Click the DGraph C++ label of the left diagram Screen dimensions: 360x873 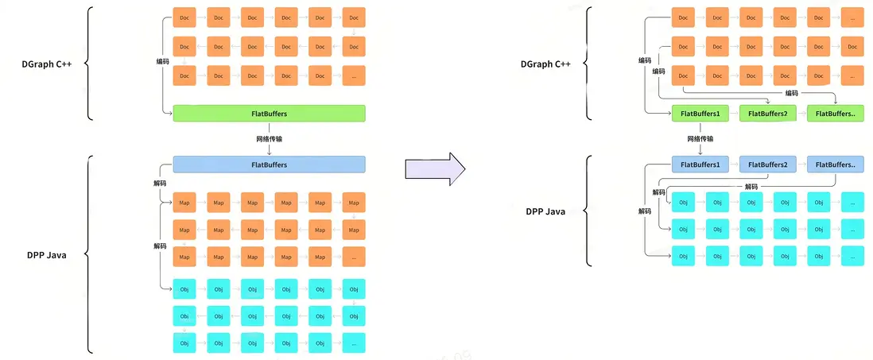pyautogui.click(x=47, y=64)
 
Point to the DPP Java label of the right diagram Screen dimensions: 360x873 pyautogui.click(x=545, y=211)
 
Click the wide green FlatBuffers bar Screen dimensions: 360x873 pyautogui.click(x=269, y=114)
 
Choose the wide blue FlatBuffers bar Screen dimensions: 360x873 pyautogui.click(x=269, y=165)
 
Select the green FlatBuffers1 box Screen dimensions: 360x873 pyautogui.click(x=700, y=114)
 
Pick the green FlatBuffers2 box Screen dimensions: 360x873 pyautogui.click(x=767, y=114)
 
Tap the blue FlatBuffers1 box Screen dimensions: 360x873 pyautogui.click(x=700, y=165)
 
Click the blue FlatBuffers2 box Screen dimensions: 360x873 pyautogui.click(x=767, y=165)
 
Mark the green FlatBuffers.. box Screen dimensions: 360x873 pyautogui.click(x=835, y=114)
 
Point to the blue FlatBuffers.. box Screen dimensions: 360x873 pyautogui.click(x=835, y=165)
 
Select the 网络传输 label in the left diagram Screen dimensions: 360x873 pyautogui.click(x=269, y=139)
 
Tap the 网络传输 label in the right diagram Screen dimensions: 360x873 pyautogui.click(x=700, y=139)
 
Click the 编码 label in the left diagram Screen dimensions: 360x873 pyautogui.click(x=162, y=60)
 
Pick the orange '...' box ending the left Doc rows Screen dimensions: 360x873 pyautogui.click(x=354, y=76)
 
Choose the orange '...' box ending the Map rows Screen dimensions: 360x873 pyautogui.click(x=354, y=257)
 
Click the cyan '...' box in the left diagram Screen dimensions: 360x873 pyautogui.click(x=354, y=343)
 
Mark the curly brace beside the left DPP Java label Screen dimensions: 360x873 pyautogui.click(x=88, y=254)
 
